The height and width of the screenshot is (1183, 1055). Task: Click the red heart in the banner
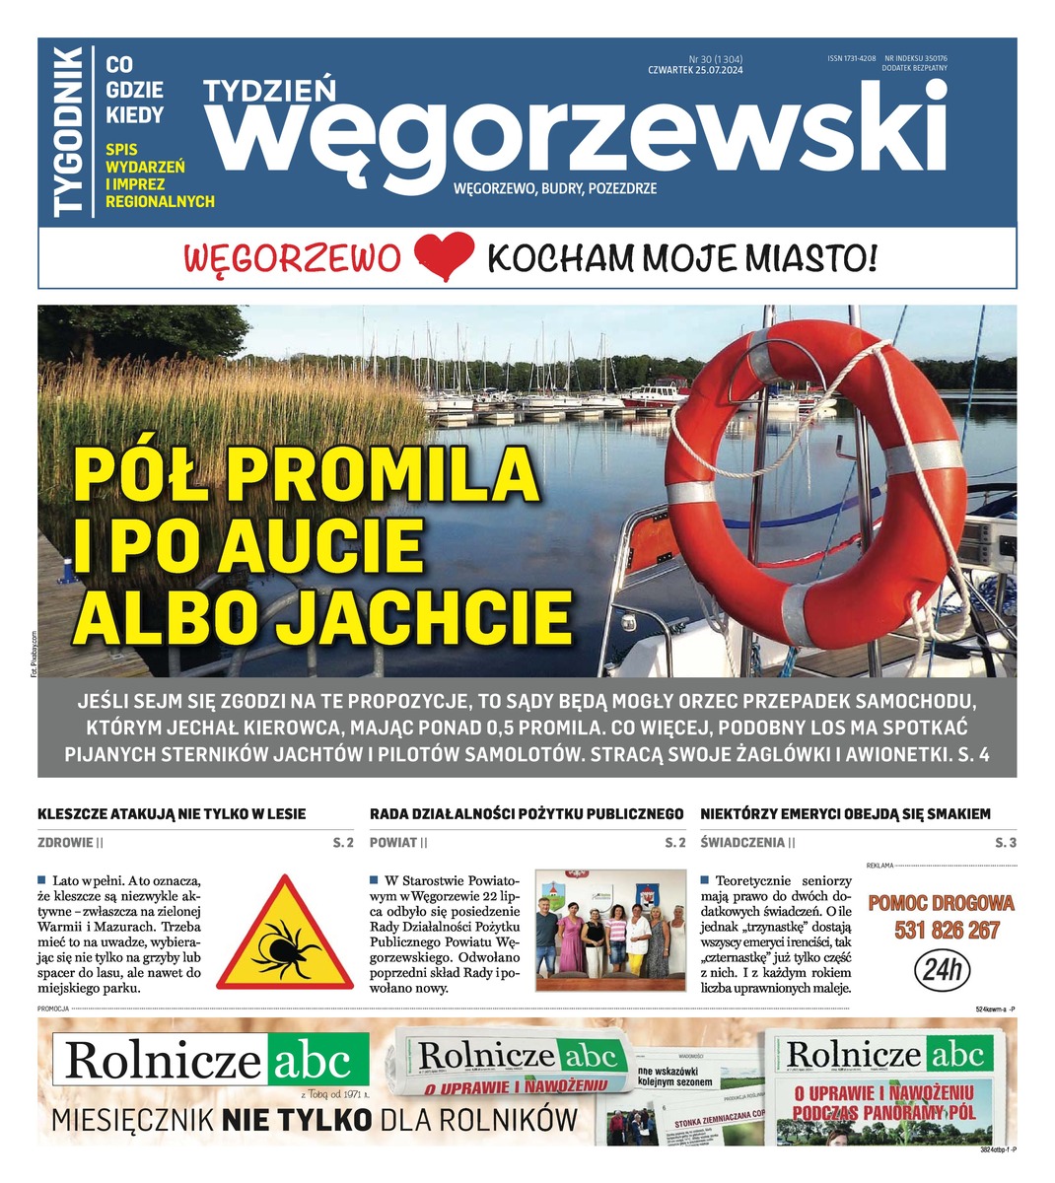tap(445, 258)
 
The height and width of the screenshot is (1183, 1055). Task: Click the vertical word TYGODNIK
tap(69, 131)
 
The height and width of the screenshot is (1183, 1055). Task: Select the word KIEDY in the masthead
tap(135, 114)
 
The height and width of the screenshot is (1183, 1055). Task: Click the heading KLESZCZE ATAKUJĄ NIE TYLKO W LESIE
tap(172, 814)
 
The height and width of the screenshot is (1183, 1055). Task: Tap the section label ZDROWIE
tap(65, 843)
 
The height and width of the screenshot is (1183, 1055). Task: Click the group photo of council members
tap(610, 930)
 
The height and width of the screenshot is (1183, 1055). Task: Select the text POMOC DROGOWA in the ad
tap(941, 903)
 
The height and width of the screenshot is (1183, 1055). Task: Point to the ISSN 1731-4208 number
tap(852, 59)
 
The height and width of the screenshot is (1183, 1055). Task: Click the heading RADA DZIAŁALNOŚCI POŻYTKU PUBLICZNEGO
tap(527, 814)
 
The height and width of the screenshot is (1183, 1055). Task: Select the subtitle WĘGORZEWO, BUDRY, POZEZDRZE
tap(569, 187)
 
